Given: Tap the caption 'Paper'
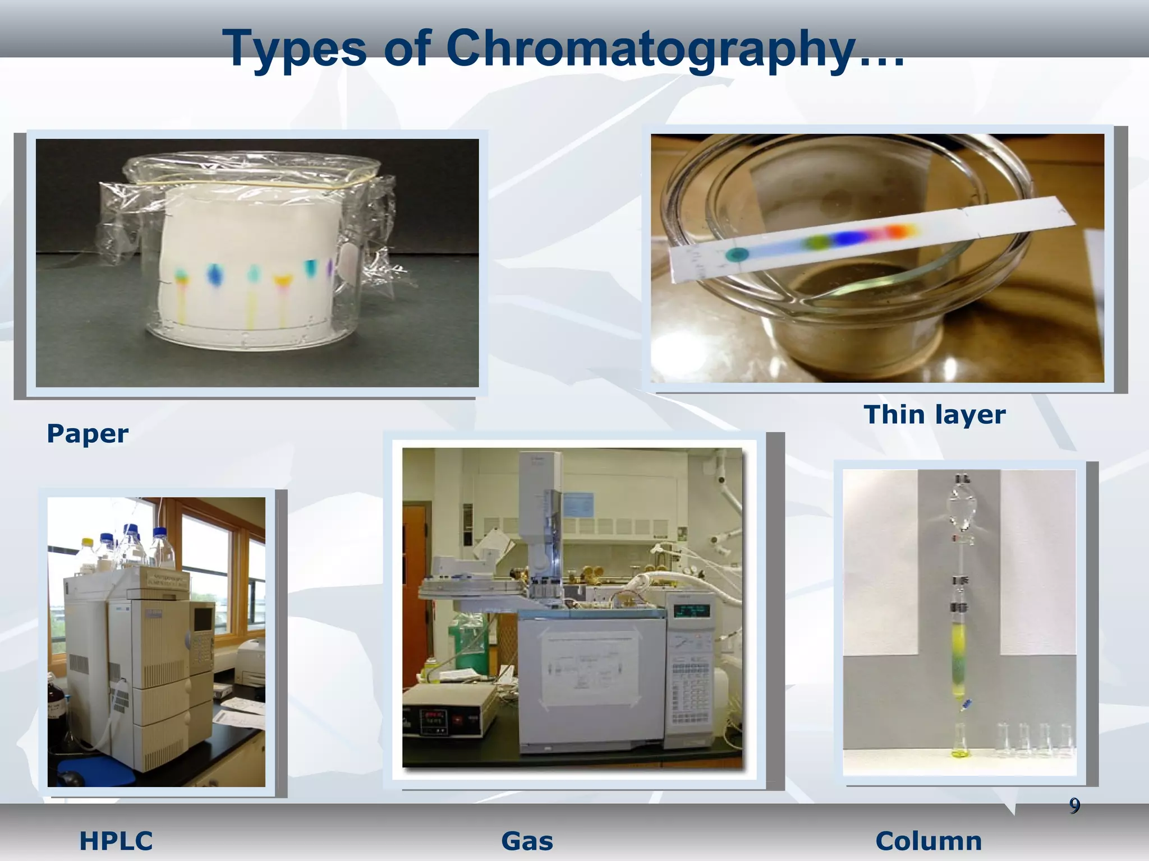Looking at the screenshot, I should pyautogui.click(x=88, y=434).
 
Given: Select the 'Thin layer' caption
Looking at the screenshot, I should pyautogui.click(x=935, y=415).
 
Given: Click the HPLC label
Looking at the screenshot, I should pyautogui.click(x=116, y=841).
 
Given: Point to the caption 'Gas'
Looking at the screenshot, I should pyautogui.click(x=527, y=841).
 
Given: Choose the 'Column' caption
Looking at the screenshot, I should pyautogui.click(x=929, y=841).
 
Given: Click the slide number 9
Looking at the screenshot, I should pyautogui.click(x=1074, y=806).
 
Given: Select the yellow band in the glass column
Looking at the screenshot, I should pyautogui.click(x=959, y=639).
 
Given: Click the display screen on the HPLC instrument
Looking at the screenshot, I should pyautogui.click(x=203, y=618).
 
